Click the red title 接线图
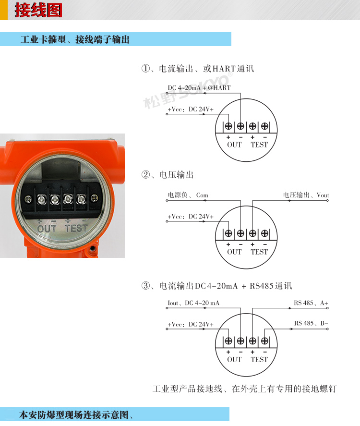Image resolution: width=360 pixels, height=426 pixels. [x=38, y=10]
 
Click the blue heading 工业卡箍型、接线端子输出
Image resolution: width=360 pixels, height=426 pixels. [x=75, y=39]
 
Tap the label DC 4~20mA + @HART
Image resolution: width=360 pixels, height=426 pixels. [x=199, y=88]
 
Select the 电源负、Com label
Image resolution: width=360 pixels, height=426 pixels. [x=188, y=195]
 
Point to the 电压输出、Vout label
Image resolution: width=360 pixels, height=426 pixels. [x=306, y=195]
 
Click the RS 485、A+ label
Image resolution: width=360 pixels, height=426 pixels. [x=311, y=303]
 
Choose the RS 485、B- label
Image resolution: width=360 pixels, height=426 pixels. [x=311, y=323]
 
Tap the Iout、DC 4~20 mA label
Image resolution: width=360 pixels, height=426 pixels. [x=193, y=303]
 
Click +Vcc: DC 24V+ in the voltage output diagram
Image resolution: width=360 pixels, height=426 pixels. [x=191, y=217]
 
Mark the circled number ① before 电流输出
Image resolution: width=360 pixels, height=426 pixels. [x=146, y=68]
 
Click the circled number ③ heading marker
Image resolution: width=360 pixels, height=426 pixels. [x=146, y=286]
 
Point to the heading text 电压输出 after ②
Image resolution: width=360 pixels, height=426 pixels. [x=177, y=175]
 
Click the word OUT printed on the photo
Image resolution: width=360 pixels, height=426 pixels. [x=47, y=229]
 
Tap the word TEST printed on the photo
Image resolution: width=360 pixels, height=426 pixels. [x=76, y=228]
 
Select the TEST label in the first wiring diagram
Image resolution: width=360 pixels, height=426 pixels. [x=259, y=145]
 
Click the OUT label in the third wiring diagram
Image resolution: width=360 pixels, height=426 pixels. [x=234, y=359]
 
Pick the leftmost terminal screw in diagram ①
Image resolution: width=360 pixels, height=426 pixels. [x=228, y=126]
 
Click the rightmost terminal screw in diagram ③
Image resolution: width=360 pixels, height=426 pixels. [x=264, y=341]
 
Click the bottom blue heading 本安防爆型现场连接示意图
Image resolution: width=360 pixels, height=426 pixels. [x=73, y=415]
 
